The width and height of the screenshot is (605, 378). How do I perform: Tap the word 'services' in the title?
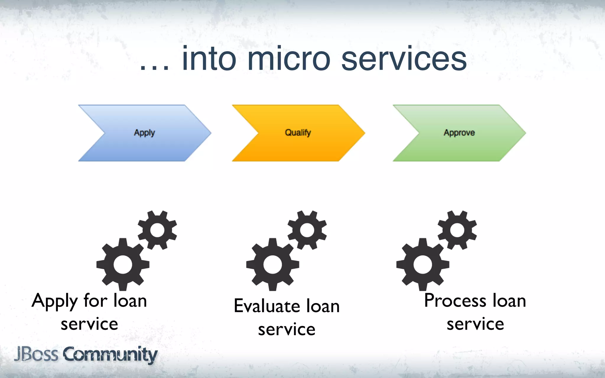404,59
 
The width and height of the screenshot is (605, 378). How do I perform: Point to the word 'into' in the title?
209,59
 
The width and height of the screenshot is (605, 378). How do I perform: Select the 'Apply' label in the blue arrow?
144,133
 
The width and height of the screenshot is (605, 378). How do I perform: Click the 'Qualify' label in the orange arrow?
298,133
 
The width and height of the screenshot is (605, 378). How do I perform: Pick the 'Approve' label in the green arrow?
459,133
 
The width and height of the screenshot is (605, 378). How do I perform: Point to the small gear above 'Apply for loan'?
157,230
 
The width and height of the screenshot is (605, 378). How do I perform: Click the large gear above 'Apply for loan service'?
123,264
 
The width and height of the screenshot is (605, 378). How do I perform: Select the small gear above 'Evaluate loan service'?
307,230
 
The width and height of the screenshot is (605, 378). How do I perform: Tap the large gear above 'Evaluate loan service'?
273,264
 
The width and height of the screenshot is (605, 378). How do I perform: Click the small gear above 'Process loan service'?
457,230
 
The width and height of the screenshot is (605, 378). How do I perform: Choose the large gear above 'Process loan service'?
423,264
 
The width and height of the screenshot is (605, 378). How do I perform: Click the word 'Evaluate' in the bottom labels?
267,306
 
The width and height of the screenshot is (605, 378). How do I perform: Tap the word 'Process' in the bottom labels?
455,301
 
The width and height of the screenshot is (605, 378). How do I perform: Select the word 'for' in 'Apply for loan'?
95,301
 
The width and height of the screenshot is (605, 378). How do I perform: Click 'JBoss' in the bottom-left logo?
36,354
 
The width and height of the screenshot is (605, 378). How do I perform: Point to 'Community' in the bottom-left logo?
110,354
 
